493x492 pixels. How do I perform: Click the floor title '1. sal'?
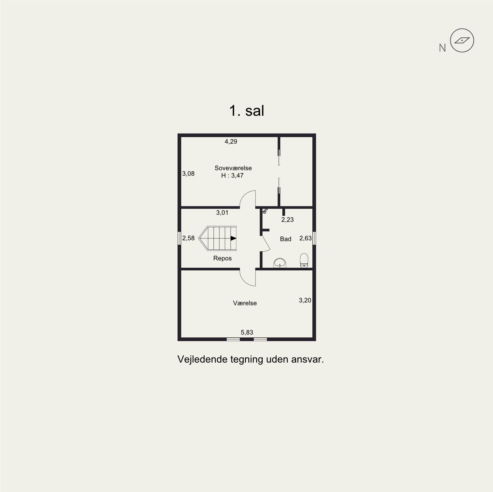(246, 111)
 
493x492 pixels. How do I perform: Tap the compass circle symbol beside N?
(462, 41)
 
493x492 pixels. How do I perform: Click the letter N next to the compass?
(442, 48)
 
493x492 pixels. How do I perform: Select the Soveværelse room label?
(233, 168)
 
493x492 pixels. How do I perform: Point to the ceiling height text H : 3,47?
(232, 176)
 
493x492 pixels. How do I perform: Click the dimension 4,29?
(231, 142)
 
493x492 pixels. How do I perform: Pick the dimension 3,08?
(188, 174)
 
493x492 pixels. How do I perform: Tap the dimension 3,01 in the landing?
(222, 213)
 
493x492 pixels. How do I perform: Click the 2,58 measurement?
(188, 238)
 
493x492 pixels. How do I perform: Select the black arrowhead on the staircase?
(233, 238)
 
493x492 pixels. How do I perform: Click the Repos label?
(222, 258)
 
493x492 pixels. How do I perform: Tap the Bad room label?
(286, 239)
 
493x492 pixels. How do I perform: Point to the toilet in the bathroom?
(304, 260)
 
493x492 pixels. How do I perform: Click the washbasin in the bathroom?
(281, 263)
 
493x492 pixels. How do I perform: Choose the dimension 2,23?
(287, 220)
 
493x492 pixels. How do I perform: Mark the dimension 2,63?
(305, 238)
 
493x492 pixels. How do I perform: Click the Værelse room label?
(245, 303)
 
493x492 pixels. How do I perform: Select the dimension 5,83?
(247, 333)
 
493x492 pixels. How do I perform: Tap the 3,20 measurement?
(305, 300)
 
